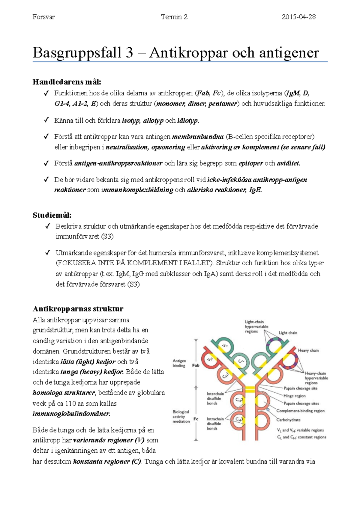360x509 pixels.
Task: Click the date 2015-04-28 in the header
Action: [x=298, y=17]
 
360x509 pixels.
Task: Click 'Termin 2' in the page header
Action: [x=174, y=17]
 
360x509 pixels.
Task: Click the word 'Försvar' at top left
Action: [x=43, y=17]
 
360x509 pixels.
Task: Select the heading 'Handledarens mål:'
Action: [x=67, y=82]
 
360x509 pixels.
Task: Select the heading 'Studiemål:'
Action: [x=52, y=215]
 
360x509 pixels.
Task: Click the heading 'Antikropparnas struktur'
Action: [x=78, y=309]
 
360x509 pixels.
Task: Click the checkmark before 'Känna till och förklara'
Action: [x=46, y=120]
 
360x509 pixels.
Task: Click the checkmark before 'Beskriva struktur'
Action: [x=47, y=226]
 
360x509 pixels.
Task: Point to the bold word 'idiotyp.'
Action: [x=188, y=121]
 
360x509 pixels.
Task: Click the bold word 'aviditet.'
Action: [x=288, y=163]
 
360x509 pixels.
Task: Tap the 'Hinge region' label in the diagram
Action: [x=294, y=396]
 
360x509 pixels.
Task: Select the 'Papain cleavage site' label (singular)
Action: [x=300, y=388]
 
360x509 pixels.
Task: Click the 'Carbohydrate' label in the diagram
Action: [x=288, y=420]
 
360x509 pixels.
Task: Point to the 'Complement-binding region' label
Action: [x=300, y=411]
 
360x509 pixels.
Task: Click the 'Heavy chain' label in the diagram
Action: [x=308, y=350]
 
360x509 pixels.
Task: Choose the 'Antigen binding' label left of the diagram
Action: [x=179, y=363]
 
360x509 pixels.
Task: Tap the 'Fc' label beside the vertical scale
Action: [x=196, y=419]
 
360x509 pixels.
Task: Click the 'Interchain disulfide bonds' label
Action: [x=214, y=398]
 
